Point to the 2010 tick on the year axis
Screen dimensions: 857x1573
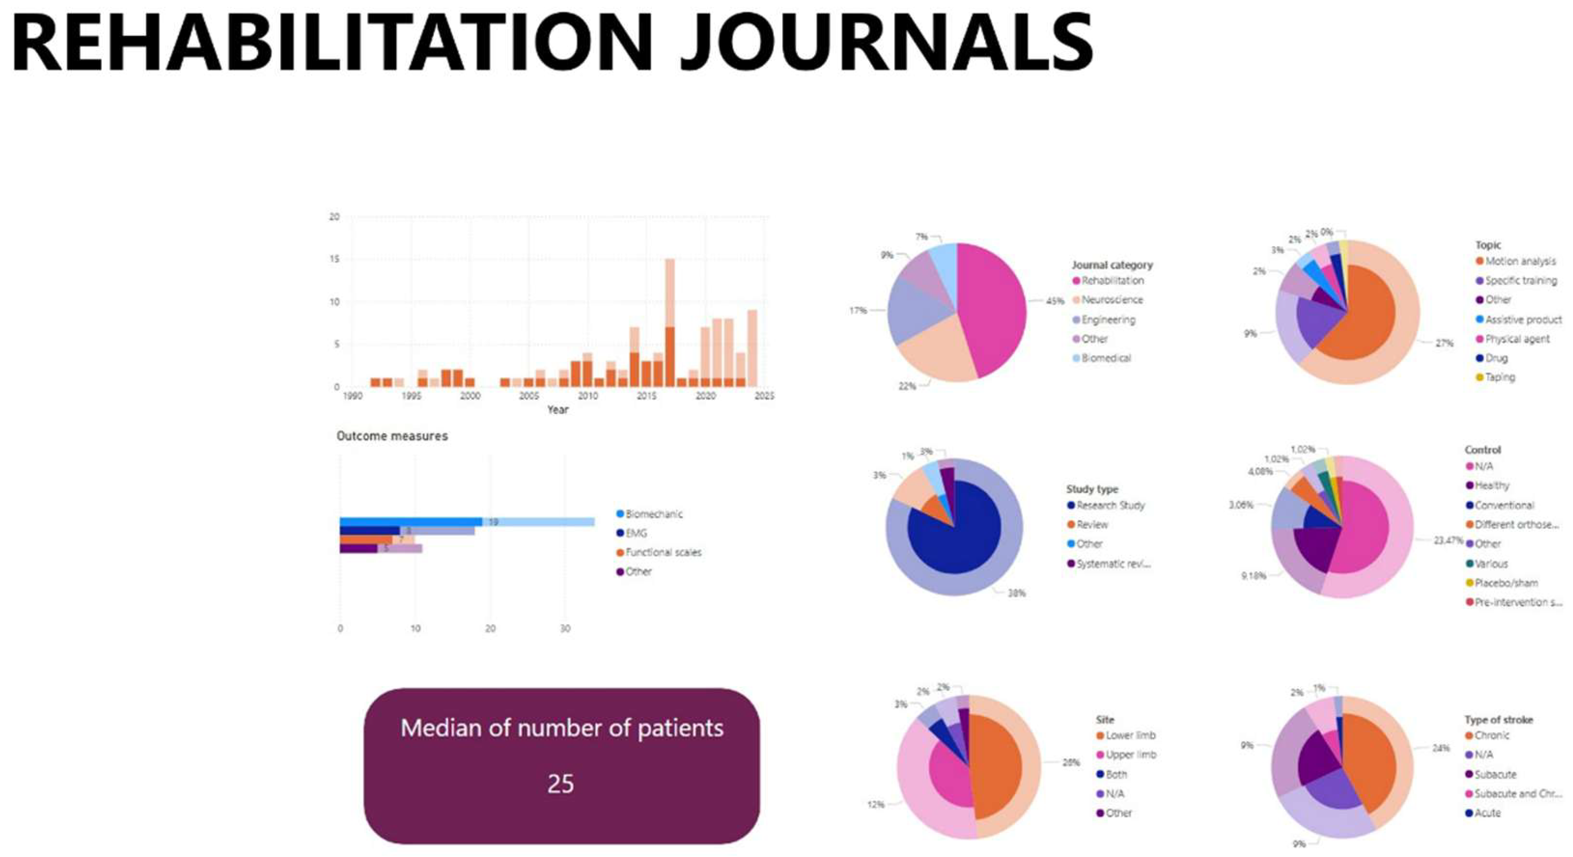(x=587, y=396)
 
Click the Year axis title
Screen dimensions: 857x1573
(x=558, y=410)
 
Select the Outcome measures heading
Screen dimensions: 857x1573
(x=392, y=436)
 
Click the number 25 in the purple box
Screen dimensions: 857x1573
(x=561, y=784)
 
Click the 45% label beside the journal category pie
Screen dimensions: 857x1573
(x=1054, y=301)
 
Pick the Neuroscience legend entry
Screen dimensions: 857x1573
(x=1111, y=300)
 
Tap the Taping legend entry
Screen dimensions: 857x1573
(x=1499, y=377)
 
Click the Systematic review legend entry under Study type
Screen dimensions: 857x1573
(x=1112, y=563)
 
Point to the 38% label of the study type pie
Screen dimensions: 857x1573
(x=1016, y=593)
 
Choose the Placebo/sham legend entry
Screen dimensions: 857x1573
(x=1506, y=583)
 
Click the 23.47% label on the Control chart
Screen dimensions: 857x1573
(x=1448, y=541)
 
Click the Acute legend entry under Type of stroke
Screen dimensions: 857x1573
(x=1487, y=813)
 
